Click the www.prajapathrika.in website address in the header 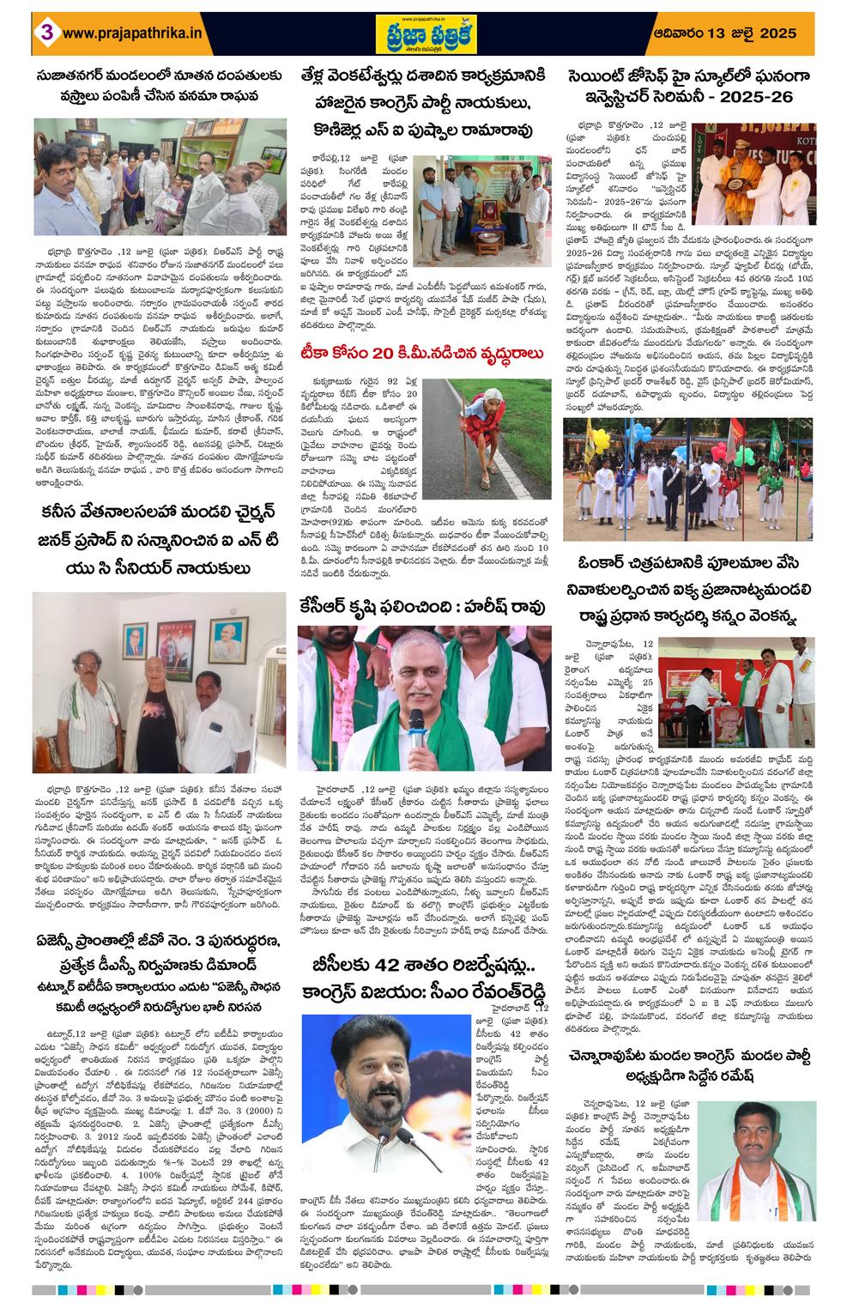point(132,33)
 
